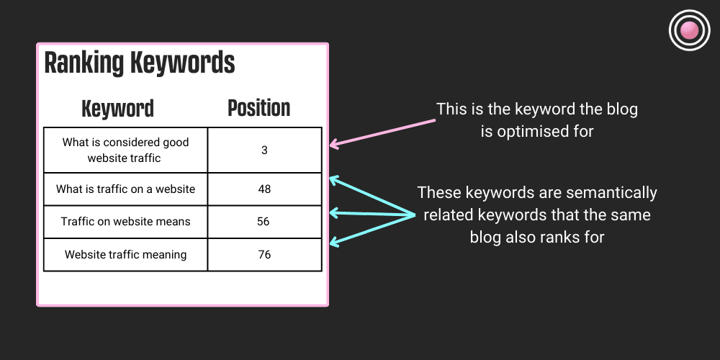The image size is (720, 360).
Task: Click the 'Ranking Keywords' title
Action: pos(140,63)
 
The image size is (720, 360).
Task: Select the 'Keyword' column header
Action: pos(117,109)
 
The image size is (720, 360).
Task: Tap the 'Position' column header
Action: pos(258,108)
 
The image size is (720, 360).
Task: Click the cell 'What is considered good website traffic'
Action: pos(125,150)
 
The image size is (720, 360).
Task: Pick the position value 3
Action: pos(264,150)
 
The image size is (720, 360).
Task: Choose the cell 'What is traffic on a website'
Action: pos(125,189)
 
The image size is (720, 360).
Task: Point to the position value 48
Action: pos(264,189)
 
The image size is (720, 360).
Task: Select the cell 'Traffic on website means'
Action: pos(125,222)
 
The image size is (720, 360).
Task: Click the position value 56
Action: pos(264,222)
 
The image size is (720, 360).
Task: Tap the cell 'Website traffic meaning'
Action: pos(125,254)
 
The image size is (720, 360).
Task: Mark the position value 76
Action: pos(264,254)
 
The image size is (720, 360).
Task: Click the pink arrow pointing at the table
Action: pos(382,133)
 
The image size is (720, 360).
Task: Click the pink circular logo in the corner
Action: pos(689,30)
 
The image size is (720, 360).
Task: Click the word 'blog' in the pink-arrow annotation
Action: pos(620,110)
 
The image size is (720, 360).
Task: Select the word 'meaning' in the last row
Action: pos(164,254)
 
